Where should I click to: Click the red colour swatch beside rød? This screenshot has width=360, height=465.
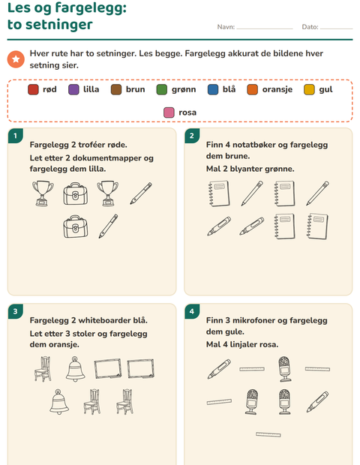point(33,89)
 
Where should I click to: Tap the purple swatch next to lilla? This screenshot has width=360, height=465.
point(73,89)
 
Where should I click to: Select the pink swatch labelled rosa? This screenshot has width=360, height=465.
point(169,112)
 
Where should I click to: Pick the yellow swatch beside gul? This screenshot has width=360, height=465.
point(309,89)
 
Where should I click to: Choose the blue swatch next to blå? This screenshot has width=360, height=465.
point(213,89)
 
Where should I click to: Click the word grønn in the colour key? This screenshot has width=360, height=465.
point(184,89)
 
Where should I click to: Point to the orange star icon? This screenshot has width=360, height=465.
point(16,59)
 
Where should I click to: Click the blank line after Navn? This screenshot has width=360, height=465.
point(265,28)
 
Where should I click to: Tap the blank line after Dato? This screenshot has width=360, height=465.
point(337,28)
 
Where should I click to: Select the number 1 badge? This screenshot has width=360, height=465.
point(16,136)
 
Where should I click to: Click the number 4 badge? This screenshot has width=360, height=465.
point(192,311)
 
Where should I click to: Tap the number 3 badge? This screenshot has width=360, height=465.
point(16,311)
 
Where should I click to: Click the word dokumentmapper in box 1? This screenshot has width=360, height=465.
point(107,158)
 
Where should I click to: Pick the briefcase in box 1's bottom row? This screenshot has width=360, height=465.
point(76,226)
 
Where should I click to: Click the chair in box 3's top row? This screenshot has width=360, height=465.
point(43,369)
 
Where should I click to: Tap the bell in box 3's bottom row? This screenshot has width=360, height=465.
point(59,402)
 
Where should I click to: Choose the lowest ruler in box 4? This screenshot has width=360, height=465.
point(268,434)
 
